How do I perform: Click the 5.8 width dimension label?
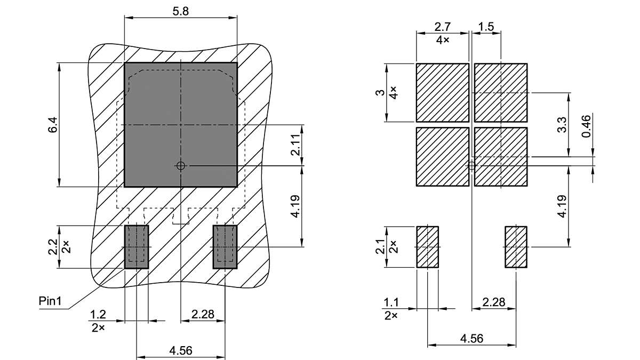[181, 10]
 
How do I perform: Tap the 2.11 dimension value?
[295, 145]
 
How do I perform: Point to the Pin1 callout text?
[51, 301]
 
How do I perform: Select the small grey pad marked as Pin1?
[137, 247]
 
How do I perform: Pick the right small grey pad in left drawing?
[225, 247]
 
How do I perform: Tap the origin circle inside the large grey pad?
[181, 166]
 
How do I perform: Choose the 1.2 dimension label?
[98, 315]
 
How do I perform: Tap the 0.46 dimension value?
[587, 126]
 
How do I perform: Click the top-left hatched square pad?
[442, 92]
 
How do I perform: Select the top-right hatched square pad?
[500, 92]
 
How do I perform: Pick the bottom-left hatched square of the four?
[442, 157]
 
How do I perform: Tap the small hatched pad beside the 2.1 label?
[427, 246]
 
